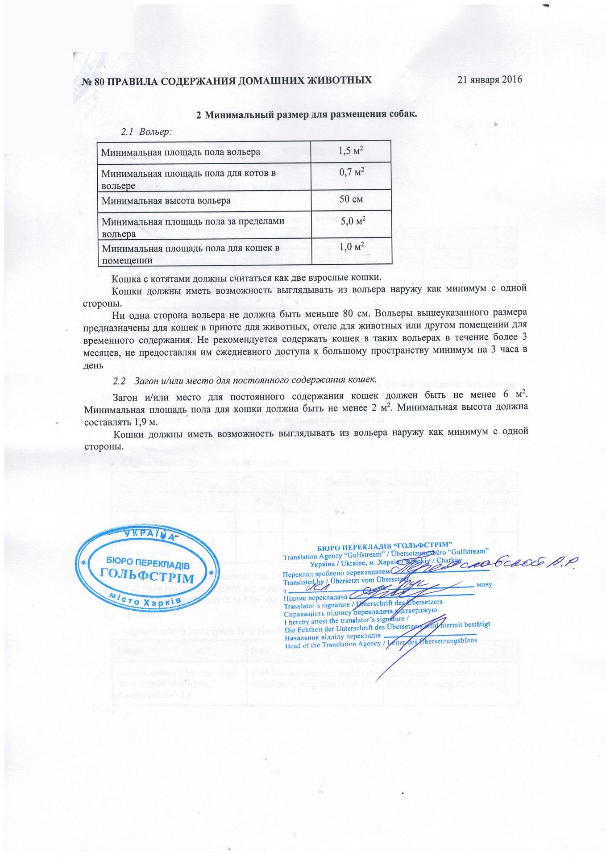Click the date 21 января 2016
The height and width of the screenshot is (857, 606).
(490, 80)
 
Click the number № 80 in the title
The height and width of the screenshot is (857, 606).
(87, 81)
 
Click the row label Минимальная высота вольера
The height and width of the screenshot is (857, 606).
(166, 200)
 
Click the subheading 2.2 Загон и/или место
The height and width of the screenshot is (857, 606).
(243, 380)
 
